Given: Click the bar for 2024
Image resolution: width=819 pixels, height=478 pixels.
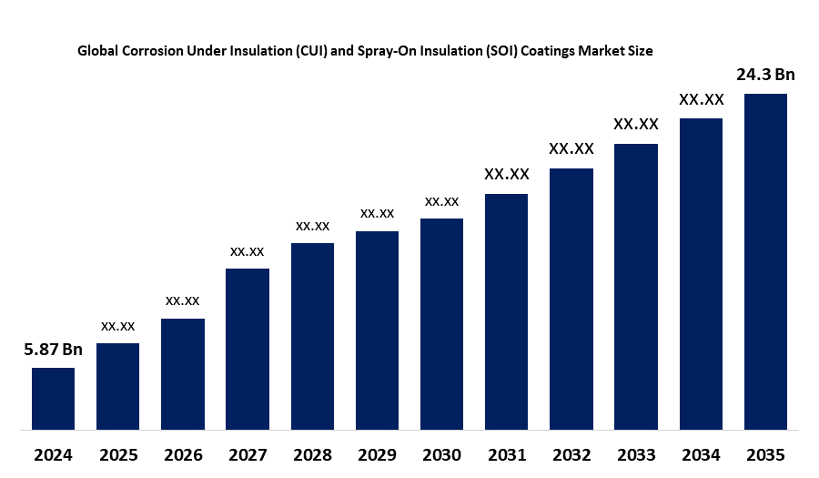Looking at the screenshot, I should (53, 398).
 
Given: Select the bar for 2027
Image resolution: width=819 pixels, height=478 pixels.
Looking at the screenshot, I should (248, 348).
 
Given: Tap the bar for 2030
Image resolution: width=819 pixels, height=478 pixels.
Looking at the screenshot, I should (441, 323).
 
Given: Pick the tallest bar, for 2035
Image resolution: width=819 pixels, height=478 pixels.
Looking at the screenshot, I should (765, 260).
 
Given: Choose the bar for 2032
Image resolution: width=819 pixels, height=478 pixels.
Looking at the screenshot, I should (571, 298).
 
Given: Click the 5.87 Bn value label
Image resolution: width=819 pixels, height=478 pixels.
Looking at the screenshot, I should (53, 350).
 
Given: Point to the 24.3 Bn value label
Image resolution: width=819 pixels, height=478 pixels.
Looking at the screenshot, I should (765, 75).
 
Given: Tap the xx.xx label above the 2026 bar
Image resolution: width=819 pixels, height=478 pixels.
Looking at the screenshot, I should (182, 300).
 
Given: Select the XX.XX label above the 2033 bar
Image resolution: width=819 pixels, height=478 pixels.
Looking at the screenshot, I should (636, 124).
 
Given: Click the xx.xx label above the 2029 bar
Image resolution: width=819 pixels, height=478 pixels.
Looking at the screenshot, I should (377, 213).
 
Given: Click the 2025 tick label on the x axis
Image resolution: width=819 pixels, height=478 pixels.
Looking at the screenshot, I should (117, 454).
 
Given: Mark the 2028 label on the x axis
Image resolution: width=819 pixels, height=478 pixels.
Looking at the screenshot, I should (312, 454).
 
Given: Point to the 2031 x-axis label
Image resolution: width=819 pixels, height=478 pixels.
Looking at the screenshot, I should (506, 454).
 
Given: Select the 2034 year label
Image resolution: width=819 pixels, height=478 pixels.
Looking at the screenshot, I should (701, 454).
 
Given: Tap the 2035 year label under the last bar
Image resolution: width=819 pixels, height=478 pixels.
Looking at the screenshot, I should (765, 454).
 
